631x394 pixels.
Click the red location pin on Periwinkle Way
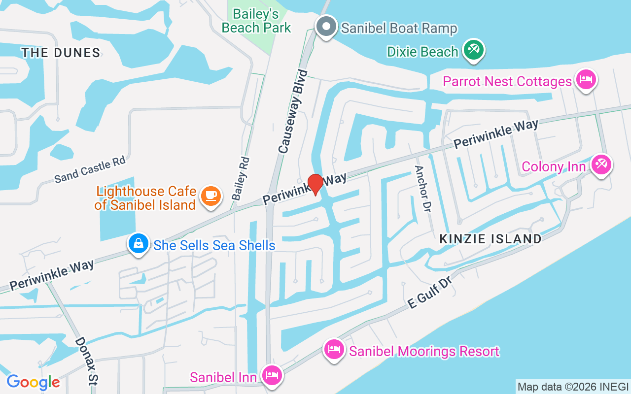(x=315, y=183)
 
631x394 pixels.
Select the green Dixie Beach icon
(x=474, y=50)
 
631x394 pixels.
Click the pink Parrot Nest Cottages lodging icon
(x=586, y=79)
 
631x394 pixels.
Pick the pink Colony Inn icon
(x=601, y=165)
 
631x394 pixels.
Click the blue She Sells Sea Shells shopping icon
(x=139, y=243)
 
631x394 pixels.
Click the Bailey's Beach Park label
(x=256, y=21)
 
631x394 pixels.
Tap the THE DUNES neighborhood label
(x=61, y=53)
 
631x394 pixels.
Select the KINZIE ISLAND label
(x=491, y=239)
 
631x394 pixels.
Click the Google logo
(x=33, y=382)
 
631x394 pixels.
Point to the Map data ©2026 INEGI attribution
(x=573, y=387)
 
